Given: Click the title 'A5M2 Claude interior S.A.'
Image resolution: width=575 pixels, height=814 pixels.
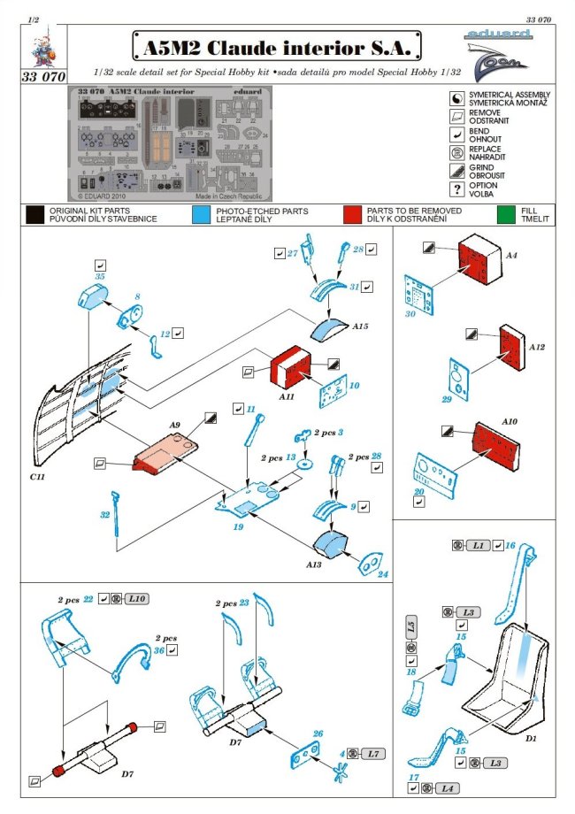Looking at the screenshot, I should [x=276, y=44].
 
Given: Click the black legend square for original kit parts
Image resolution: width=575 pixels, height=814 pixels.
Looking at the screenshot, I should [x=34, y=213].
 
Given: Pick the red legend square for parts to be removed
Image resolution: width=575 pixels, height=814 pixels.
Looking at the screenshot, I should [x=354, y=213].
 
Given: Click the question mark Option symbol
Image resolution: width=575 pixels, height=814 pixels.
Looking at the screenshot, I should [x=456, y=189].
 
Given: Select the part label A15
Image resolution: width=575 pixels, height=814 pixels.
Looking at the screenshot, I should [x=360, y=326].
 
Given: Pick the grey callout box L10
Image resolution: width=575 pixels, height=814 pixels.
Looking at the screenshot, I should [x=136, y=599].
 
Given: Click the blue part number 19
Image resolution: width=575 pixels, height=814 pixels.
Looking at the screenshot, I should [x=239, y=527].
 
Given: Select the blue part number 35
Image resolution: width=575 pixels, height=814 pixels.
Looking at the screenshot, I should [x=100, y=276].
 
